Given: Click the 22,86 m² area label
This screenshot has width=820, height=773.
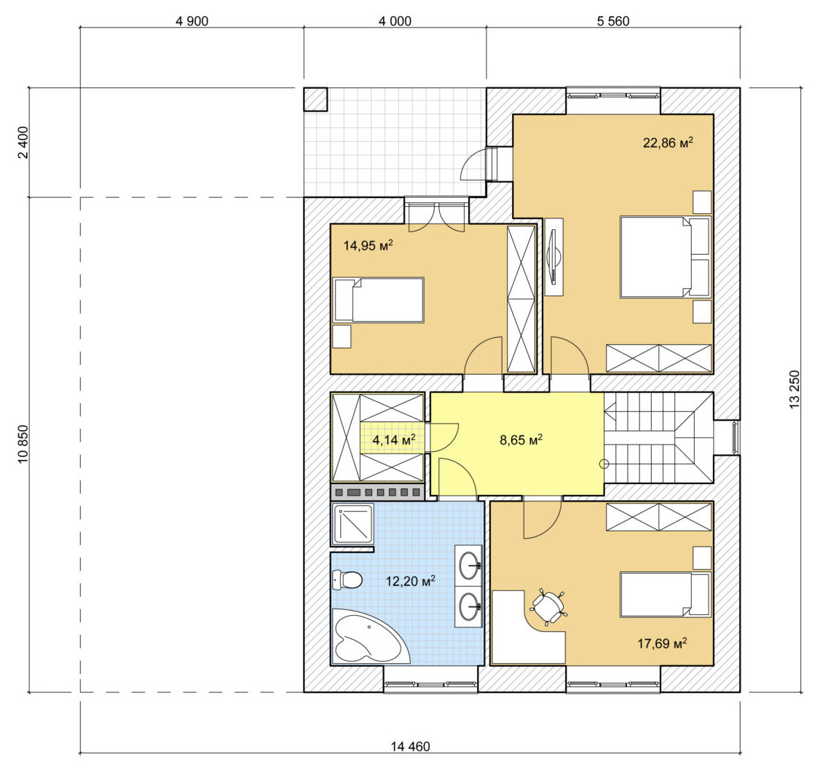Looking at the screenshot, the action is pyautogui.click(x=668, y=142).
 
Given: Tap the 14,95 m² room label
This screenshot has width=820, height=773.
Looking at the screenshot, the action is pyautogui.click(x=368, y=245).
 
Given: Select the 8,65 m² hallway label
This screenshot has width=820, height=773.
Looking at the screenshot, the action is pyautogui.click(x=521, y=440).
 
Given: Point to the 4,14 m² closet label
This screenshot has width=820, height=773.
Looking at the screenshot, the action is pyautogui.click(x=394, y=440).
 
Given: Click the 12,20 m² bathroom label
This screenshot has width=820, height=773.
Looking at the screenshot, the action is pyautogui.click(x=411, y=581).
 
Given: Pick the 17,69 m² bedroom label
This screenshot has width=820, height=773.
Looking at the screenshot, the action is pyautogui.click(x=662, y=643).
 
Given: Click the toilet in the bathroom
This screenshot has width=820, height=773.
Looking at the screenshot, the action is pyautogui.click(x=347, y=579).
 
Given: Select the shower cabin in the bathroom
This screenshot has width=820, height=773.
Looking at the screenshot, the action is pyautogui.click(x=353, y=524).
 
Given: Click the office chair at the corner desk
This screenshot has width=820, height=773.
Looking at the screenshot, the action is pyautogui.click(x=548, y=607).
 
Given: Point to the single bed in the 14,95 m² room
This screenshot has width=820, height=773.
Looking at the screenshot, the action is pyautogui.click(x=378, y=300).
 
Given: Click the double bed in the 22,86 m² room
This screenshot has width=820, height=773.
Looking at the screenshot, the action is pyautogui.click(x=665, y=257).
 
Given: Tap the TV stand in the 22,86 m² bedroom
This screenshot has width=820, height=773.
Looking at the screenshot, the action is pyautogui.click(x=553, y=257).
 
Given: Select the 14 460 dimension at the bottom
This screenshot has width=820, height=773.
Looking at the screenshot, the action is pyautogui.click(x=411, y=746).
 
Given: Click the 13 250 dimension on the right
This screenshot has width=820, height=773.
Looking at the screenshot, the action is pyautogui.click(x=795, y=389).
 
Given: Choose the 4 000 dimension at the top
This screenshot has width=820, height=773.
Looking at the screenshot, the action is pyautogui.click(x=395, y=21).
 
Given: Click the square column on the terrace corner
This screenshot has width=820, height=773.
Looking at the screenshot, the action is pyautogui.click(x=315, y=99).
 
